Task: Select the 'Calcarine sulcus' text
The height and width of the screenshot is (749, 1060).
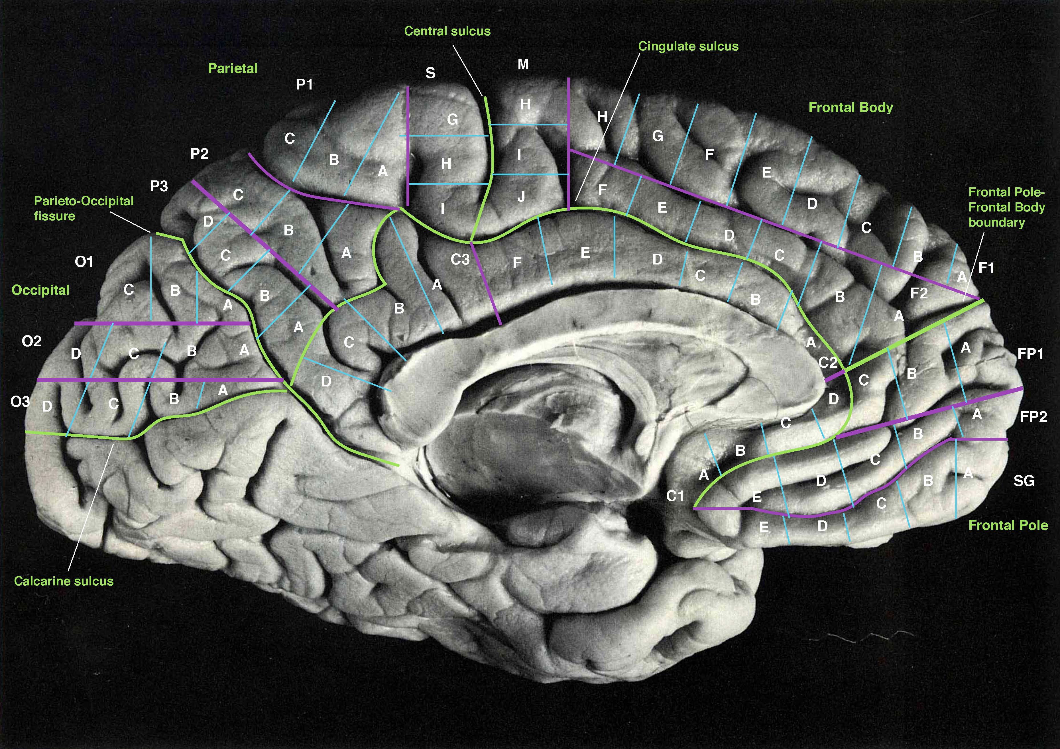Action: click(64, 581)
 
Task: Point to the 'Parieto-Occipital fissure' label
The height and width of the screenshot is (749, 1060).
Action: click(84, 208)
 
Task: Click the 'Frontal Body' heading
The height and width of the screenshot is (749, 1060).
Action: click(851, 108)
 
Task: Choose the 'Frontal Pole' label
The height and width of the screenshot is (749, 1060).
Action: click(1008, 525)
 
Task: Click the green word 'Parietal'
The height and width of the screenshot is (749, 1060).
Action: click(233, 68)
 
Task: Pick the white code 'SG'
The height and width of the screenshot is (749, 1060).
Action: click(1024, 481)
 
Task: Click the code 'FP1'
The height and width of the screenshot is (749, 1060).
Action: click(1030, 354)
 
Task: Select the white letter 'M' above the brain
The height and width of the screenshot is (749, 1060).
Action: click(523, 65)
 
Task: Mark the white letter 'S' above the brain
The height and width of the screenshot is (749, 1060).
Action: click(430, 73)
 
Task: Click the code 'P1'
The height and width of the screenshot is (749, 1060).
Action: click(304, 85)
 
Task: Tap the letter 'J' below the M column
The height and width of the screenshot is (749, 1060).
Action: click(521, 197)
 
